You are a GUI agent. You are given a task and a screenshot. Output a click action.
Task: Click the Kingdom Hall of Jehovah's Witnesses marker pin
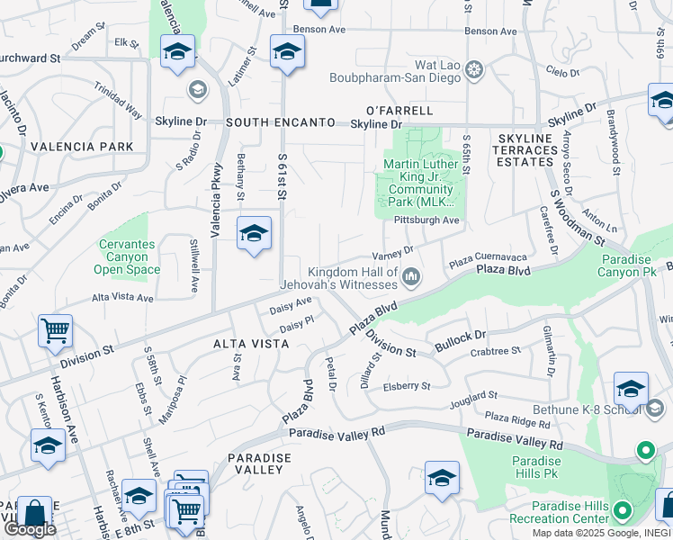tap(412, 275)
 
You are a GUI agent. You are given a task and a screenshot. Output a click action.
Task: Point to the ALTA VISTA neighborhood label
tap(248, 344)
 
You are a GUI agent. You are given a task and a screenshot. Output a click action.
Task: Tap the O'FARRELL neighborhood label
tap(399, 111)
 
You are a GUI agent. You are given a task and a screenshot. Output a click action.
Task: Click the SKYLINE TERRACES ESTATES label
tap(525, 149)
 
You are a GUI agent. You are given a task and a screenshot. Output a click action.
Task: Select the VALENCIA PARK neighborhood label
tap(82, 147)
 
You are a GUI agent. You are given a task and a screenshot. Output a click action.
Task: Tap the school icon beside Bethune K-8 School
tap(631, 389)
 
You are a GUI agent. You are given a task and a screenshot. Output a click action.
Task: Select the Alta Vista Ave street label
tap(124, 297)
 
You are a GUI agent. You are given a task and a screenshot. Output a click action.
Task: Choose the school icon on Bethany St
tap(254, 234)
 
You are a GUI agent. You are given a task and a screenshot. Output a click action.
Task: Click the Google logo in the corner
tap(30, 529)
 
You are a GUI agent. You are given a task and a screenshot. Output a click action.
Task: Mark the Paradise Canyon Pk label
tap(637, 265)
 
